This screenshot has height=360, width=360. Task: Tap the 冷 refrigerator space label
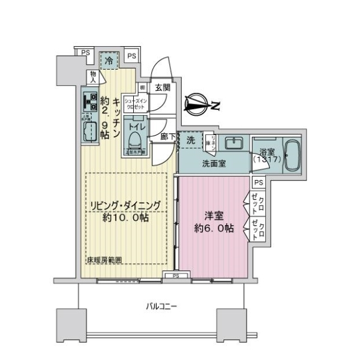point(109,61)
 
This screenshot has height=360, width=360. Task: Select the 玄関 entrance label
point(162,88)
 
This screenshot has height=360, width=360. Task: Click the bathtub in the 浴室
point(292,157)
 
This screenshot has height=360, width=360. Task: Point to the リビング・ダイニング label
point(125,206)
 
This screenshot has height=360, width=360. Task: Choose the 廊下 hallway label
point(168,137)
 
